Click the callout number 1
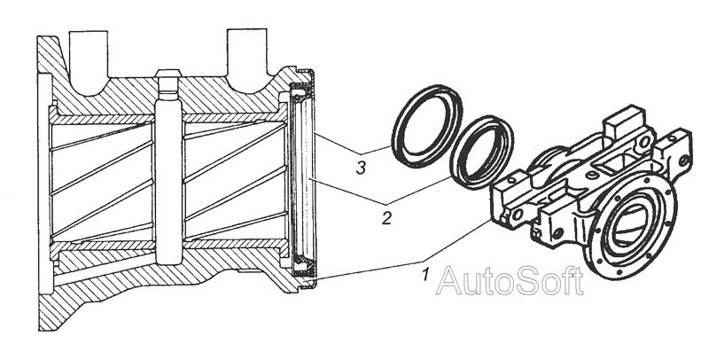pos(425,274)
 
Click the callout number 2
pos(386,218)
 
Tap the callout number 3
pos(361,168)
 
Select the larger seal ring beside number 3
pos(427,126)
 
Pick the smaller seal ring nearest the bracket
pos(482,153)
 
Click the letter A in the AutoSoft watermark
pos(448,282)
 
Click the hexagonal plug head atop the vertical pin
pos(168,74)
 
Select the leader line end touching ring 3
pos(391,146)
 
